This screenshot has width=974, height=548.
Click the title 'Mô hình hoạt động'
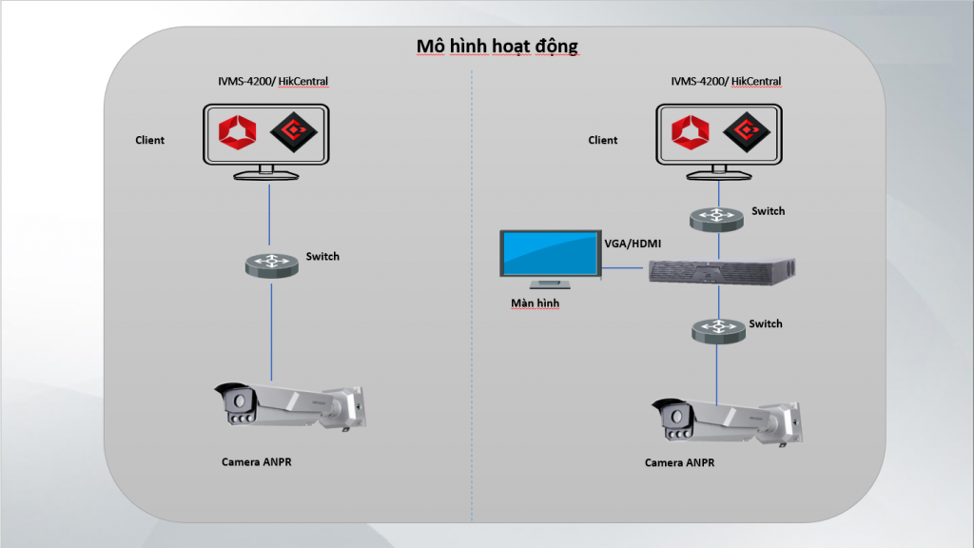[497, 46]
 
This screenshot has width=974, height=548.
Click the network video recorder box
[720, 271]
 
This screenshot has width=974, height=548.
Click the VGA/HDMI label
[633, 244]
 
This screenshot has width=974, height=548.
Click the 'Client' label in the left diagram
[149, 141]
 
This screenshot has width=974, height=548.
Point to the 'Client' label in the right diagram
[603, 141]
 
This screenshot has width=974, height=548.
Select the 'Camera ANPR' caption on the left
[257, 462]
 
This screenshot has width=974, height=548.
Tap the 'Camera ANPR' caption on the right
[679, 463]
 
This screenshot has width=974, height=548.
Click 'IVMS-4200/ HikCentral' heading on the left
[273, 82]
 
